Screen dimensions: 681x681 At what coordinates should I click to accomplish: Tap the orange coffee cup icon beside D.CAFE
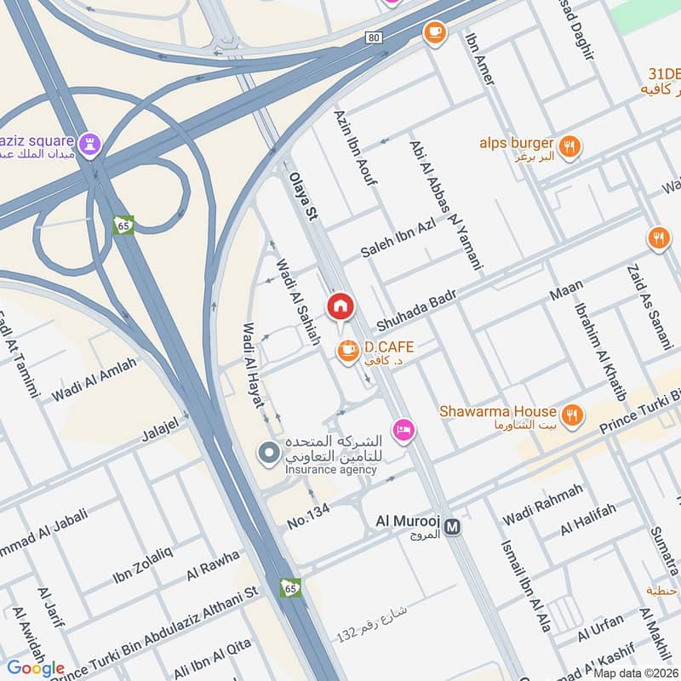tap(346, 350)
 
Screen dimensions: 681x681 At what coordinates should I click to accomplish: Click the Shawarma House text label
tap(498, 411)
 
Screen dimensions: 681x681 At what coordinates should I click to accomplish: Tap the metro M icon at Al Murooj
tap(454, 527)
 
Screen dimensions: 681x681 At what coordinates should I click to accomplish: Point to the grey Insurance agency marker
tap(270, 454)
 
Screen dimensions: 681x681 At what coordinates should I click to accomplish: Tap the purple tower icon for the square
tap(91, 141)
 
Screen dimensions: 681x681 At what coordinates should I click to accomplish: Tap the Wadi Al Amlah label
tap(94, 380)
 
